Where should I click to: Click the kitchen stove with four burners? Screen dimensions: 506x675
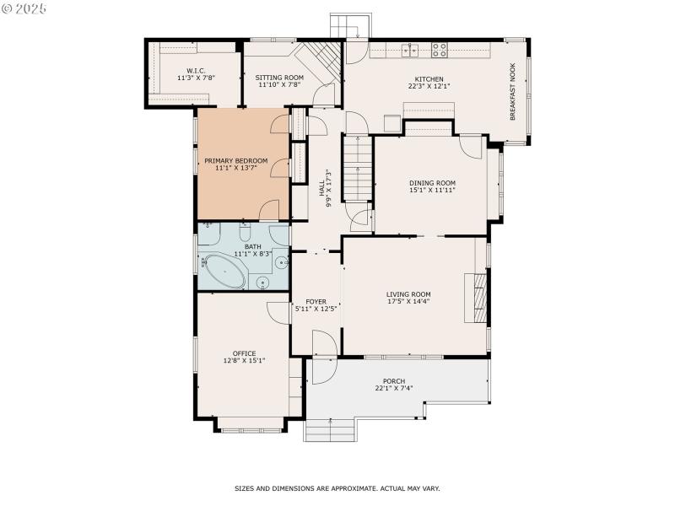pos(440,50)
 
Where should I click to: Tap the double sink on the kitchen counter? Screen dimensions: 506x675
pos(411,50)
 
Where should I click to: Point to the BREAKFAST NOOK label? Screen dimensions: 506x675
pos(511,90)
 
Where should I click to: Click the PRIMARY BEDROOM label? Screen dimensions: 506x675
pos(235,161)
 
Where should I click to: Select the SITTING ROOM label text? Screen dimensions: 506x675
pos(279,78)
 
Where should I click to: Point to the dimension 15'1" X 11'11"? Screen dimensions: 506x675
pos(432,190)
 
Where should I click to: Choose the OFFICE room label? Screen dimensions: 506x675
pos(244,353)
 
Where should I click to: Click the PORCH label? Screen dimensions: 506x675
pos(393,381)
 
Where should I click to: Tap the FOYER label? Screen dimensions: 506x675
pos(316,302)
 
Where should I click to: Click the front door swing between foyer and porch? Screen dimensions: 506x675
pos(323,344)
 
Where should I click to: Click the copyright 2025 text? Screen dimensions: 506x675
pos(24,8)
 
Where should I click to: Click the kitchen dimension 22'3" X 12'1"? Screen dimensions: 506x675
pos(429,85)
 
